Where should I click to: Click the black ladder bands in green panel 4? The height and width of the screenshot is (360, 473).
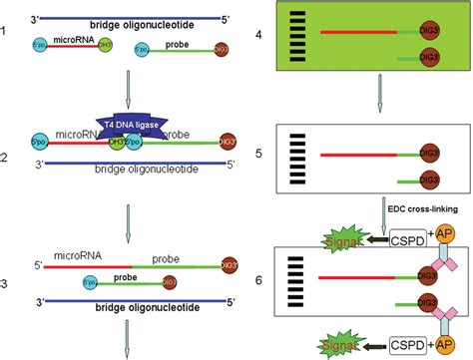[296, 35]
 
